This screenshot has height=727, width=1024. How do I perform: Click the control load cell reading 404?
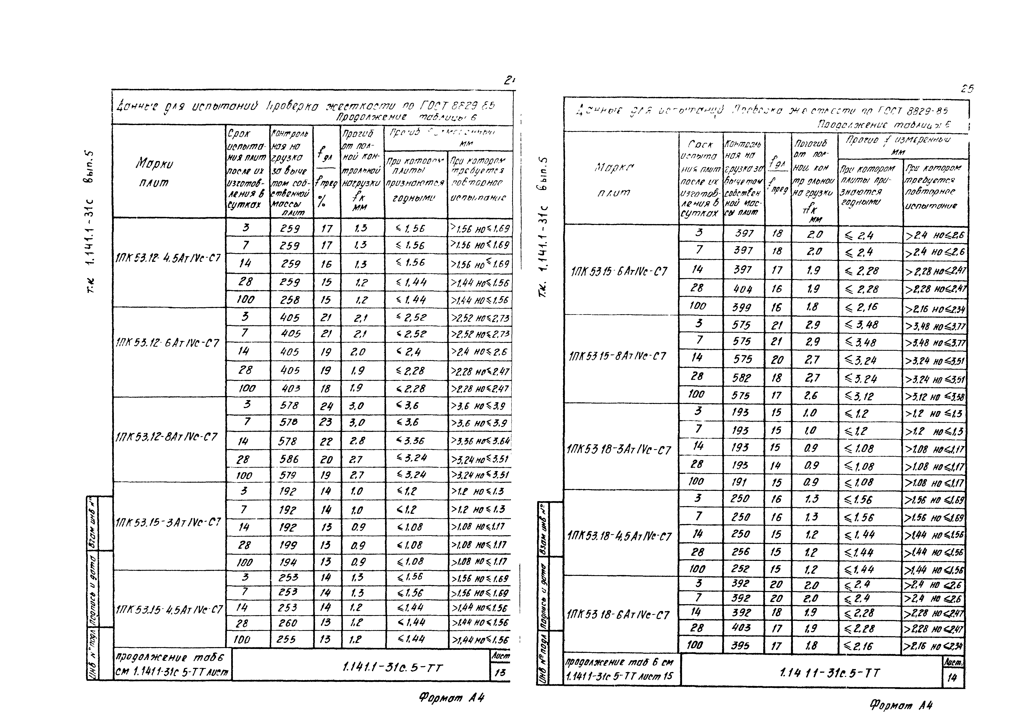click(x=743, y=289)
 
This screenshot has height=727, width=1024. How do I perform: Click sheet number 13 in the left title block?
click(x=499, y=673)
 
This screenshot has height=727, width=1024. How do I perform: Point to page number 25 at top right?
click(x=967, y=89)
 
